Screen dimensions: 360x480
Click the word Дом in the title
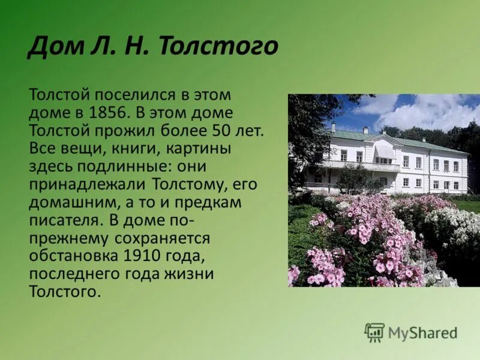[52, 46]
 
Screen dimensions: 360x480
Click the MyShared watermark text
[422, 332]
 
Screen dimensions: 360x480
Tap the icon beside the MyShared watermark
[374, 332]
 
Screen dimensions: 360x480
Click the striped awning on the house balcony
[384, 152]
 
